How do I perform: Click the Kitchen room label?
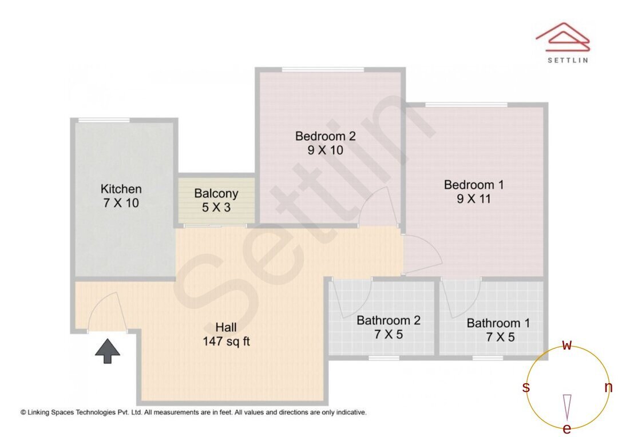[121, 189]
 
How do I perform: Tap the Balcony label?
[216, 193]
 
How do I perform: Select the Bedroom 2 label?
[325, 136]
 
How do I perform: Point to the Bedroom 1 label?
[474, 185]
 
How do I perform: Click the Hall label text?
[226, 328]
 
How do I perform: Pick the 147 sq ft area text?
[226, 342]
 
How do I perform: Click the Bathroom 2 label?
[388, 320]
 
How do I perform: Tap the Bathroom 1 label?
[498, 323]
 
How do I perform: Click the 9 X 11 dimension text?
[474, 199]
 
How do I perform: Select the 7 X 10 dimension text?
[121, 203]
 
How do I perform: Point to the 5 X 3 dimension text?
[216, 207]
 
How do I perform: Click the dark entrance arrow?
[107, 351]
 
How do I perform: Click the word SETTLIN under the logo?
[567, 59]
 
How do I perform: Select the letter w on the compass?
[567, 345]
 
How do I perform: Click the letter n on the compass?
[608, 388]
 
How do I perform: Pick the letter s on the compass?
[526, 388]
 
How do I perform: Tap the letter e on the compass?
[567, 429]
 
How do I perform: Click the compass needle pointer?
[567, 407]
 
